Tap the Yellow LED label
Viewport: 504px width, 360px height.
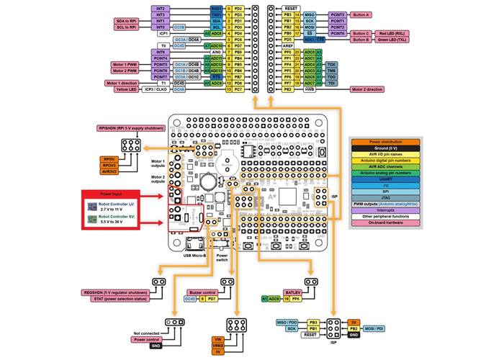click(127, 90)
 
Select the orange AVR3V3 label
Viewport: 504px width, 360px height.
click(109, 171)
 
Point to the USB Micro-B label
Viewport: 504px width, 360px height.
click(195, 255)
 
